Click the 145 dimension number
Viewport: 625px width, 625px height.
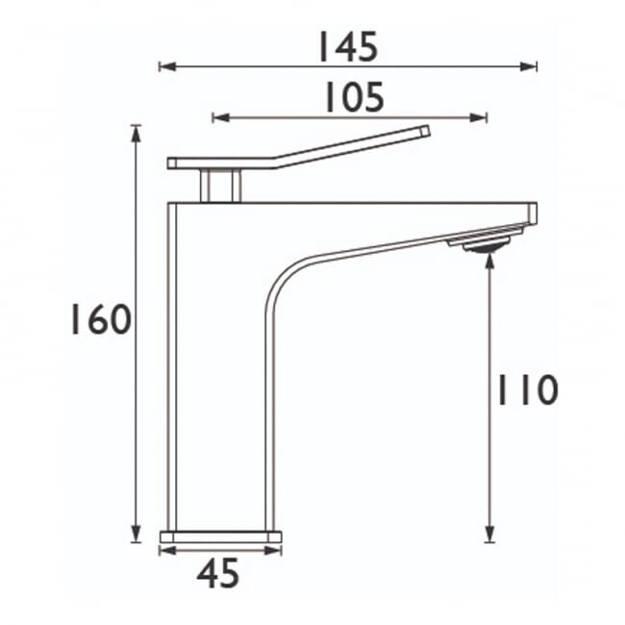[x=347, y=47]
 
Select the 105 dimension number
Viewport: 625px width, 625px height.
[x=355, y=97]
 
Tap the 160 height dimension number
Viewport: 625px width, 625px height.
[x=101, y=319]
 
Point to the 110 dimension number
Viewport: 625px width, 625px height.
[x=527, y=389]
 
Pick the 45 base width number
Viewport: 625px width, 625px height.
[x=217, y=573]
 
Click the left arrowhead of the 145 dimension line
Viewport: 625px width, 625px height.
[x=167, y=66]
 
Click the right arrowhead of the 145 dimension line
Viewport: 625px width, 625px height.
[x=529, y=66]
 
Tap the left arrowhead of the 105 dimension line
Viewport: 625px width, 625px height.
[x=221, y=117]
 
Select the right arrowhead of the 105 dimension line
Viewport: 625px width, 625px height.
[x=478, y=117]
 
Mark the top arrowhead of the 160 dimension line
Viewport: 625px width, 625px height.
[x=137, y=134]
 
